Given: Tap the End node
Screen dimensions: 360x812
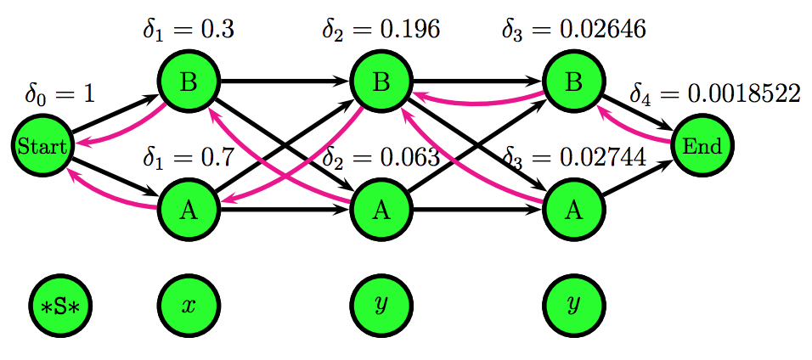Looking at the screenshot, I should point(702,146).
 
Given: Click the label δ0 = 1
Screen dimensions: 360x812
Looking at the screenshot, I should point(59,93).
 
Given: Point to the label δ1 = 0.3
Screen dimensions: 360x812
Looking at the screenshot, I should point(188,31).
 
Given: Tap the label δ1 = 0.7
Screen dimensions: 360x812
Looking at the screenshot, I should point(188,157).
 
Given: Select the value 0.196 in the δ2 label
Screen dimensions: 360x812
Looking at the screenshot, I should point(409,31).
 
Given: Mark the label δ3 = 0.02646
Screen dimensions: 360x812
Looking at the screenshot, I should point(573,31).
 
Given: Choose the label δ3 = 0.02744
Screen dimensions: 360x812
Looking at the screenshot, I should point(573,157).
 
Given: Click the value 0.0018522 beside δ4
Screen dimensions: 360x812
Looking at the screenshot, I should point(743,93).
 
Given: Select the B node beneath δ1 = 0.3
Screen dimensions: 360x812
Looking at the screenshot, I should point(189,82).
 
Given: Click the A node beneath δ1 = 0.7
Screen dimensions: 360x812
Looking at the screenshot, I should point(189,210).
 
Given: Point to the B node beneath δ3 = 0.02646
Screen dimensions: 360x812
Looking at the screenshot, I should point(573,82).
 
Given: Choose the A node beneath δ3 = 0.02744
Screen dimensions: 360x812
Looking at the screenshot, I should point(573,210).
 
